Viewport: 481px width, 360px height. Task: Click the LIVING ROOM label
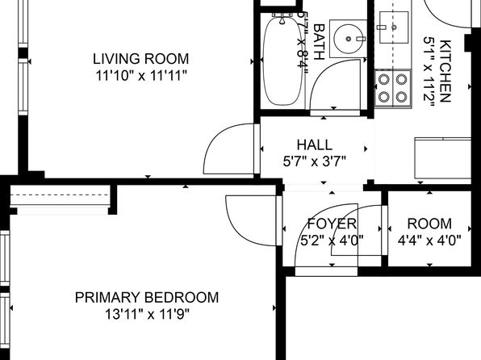point(140,59)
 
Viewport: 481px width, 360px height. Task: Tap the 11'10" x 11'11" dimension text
point(141,76)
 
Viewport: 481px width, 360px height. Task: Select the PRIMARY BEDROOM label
point(147,298)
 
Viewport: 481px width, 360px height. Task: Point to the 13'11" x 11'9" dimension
point(147,314)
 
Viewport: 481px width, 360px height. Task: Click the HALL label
point(315,144)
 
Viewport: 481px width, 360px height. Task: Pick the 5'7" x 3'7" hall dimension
point(315,161)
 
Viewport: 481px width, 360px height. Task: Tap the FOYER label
point(332,224)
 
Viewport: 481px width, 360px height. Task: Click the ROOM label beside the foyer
point(429,224)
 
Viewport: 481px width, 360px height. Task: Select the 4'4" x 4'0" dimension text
point(429,241)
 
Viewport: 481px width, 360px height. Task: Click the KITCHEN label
point(445,71)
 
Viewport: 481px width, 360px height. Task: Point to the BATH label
point(319,42)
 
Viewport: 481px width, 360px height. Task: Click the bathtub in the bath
point(282,61)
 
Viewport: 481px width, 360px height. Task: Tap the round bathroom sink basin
point(348,39)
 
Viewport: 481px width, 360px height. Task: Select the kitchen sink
point(394,27)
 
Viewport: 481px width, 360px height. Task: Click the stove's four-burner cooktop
point(393,89)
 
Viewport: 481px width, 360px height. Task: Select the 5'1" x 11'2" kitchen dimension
point(429,72)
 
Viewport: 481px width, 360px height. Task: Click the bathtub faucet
point(282,18)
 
